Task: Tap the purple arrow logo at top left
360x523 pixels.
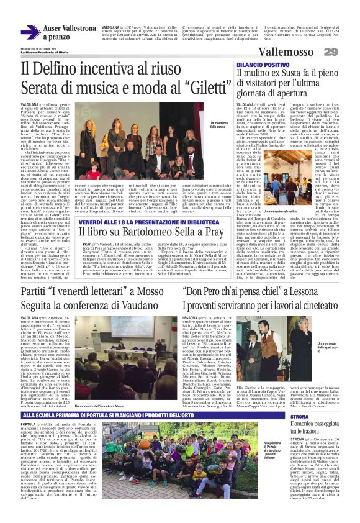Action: point(30,32)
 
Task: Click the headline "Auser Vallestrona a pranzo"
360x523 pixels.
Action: point(70,32)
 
